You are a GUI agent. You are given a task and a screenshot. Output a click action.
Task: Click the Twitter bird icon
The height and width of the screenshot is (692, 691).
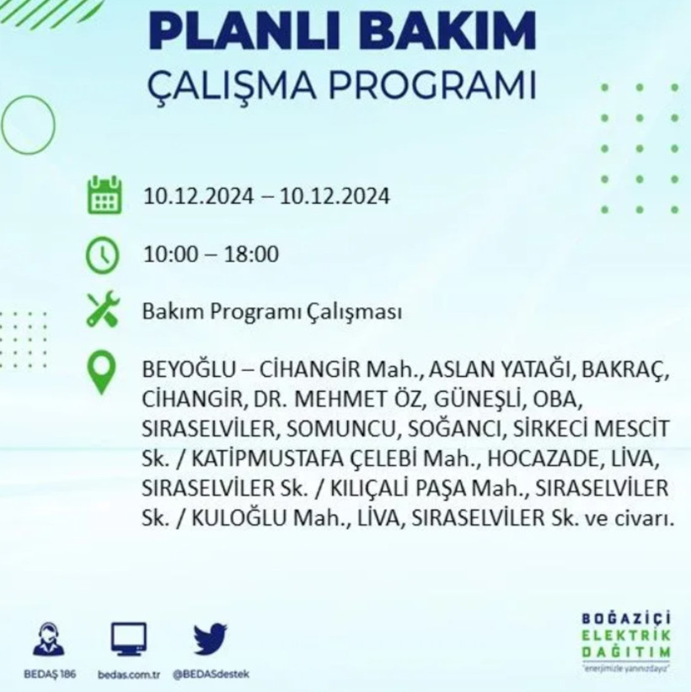click(x=210, y=639)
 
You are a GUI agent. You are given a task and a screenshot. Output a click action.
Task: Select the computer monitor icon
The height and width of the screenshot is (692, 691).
click(x=128, y=639)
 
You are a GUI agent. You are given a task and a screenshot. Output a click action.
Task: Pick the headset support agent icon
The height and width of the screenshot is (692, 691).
click(x=47, y=639)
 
